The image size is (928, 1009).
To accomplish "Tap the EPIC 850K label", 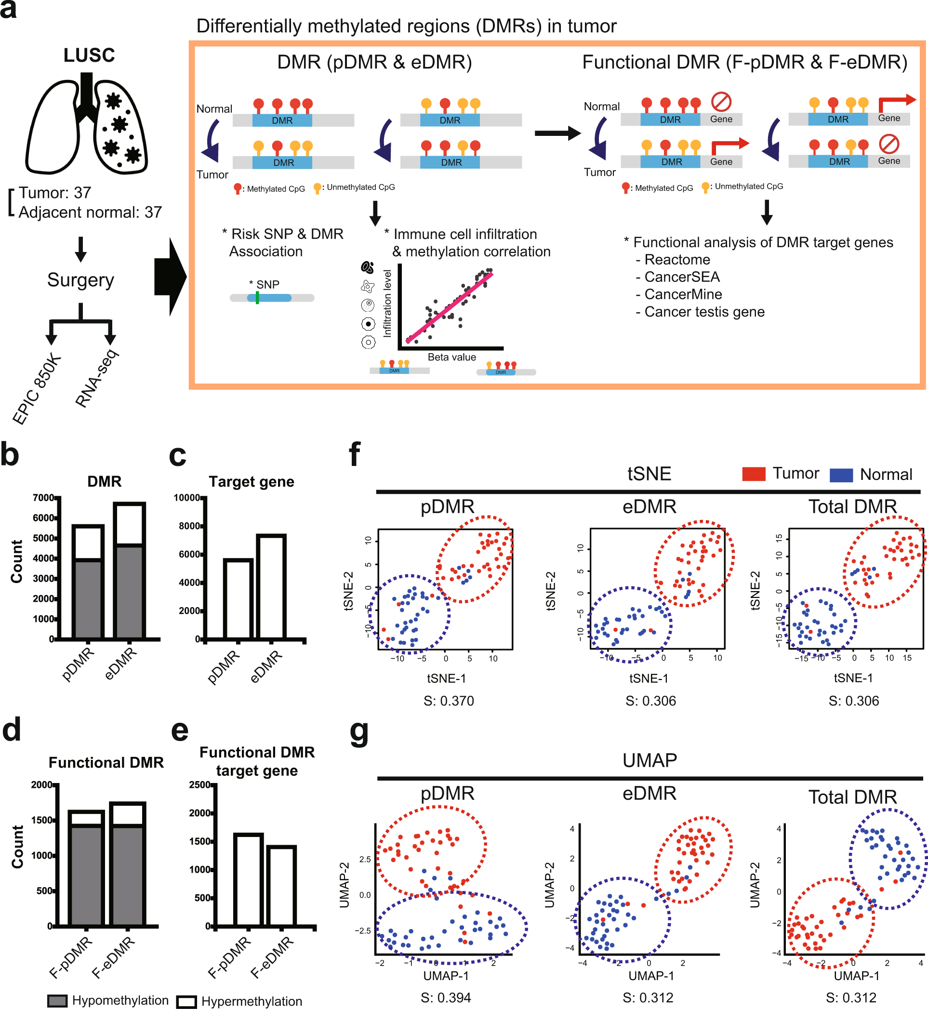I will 37,389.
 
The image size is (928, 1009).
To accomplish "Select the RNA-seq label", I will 96,378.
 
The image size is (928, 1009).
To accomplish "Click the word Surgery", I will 80,280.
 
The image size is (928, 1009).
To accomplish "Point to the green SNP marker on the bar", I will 257,298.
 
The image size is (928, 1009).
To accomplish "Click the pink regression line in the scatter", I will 450,307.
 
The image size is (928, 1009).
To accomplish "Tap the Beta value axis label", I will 451,357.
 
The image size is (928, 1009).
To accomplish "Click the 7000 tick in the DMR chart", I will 43,498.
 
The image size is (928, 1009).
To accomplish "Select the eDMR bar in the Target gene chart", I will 271,586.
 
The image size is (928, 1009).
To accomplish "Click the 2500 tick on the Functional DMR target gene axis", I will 199,785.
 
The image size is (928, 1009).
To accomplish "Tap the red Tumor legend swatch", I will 753,474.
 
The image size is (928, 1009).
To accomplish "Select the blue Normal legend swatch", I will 841,475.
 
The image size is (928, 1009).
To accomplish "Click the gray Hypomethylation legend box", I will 57,1000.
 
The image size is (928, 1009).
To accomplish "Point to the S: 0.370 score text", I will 449,701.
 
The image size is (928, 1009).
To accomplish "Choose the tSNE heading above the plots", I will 649,474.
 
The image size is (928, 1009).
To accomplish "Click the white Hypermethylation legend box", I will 186,1001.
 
